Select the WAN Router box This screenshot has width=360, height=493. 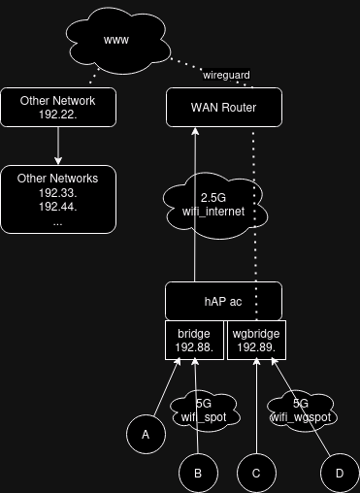click(x=223, y=107)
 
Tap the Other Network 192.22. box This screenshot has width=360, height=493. click(x=58, y=107)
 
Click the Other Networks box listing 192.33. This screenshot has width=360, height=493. click(x=58, y=199)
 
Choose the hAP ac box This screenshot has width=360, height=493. click(x=223, y=301)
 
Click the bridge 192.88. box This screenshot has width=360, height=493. click(x=194, y=340)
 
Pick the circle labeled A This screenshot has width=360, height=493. click(x=147, y=435)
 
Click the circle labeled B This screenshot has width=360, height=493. click(x=198, y=473)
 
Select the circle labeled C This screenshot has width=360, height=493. click(x=256, y=473)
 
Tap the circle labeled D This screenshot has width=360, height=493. click(x=339, y=473)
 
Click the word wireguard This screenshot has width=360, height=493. click(x=226, y=75)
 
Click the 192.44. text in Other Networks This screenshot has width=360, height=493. click(x=58, y=207)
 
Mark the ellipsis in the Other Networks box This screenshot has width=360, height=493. click(x=58, y=222)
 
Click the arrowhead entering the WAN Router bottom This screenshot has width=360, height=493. click(x=194, y=131)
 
